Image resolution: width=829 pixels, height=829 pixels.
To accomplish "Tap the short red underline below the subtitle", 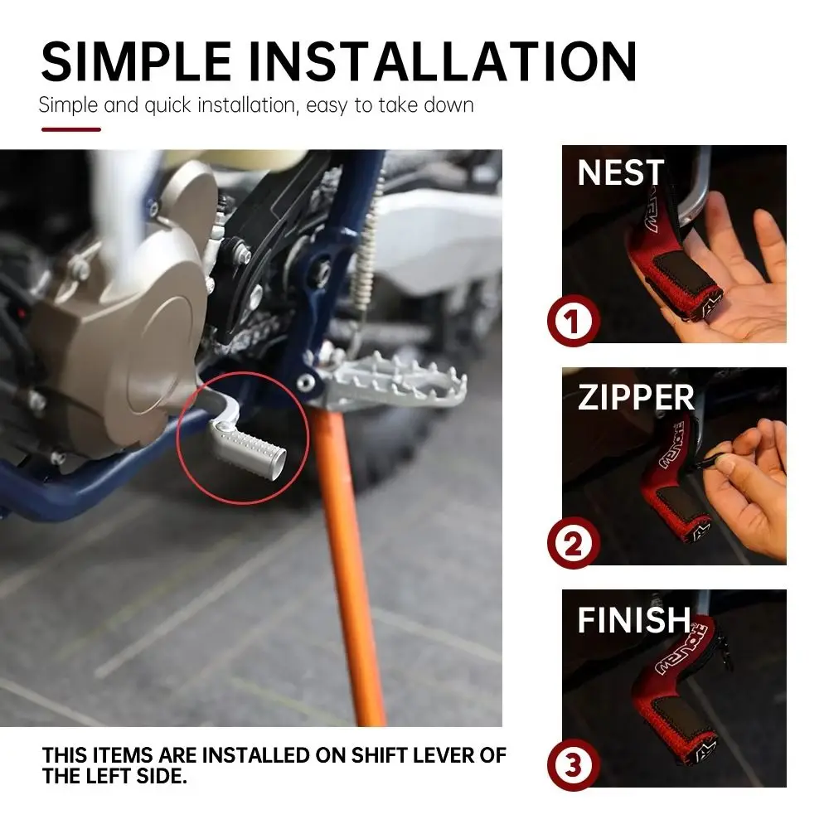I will (71, 129).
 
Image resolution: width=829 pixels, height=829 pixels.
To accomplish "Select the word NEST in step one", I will (621, 173).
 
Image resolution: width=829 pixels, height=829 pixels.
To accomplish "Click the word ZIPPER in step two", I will (636, 398).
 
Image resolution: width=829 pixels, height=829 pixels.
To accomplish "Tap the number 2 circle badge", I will (573, 545).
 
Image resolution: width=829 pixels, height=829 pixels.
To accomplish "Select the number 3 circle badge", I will (573, 767).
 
